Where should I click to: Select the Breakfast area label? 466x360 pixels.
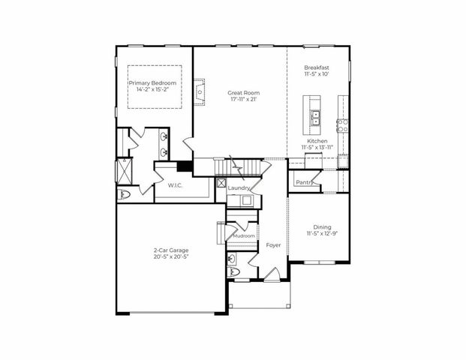point(317,67)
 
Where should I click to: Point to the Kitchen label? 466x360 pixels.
point(317,142)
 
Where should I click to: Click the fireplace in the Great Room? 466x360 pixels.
point(200,91)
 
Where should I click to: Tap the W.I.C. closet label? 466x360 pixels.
point(176,184)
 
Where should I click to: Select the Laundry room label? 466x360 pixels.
point(239,187)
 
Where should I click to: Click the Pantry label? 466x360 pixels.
point(303,182)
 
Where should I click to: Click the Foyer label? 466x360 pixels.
point(273,245)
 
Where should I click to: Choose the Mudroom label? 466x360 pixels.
point(243,236)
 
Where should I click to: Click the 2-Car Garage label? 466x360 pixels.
point(170,250)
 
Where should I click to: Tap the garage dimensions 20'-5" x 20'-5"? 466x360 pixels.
point(170,257)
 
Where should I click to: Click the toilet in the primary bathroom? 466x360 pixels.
point(125,194)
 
